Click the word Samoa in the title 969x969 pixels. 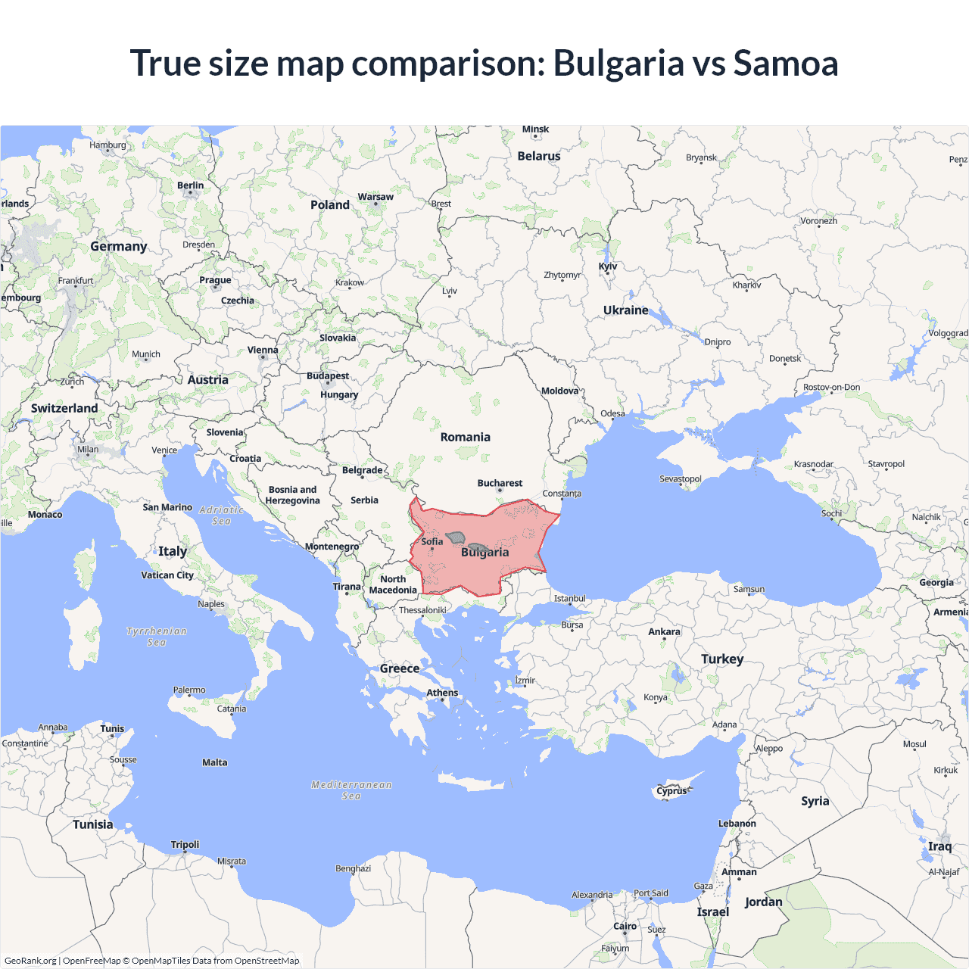pyautogui.click(x=785, y=63)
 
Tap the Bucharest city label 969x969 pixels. pyautogui.click(x=500, y=483)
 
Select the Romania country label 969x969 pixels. pyautogui.click(x=465, y=437)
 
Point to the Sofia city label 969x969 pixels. pyautogui.click(x=432, y=541)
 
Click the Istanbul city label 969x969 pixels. pyautogui.click(x=569, y=598)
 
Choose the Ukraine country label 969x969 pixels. pyautogui.click(x=625, y=310)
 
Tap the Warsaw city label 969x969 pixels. pyautogui.click(x=375, y=197)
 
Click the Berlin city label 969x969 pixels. pyautogui.click(x=190, y=185)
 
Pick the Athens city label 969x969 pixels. pyautogui.click(x=442, y=693)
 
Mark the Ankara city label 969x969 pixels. pyautogui.click(x=664, y=631)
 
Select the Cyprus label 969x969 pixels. pyautogui.click(x=671, y=790)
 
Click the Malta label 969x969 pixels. pyautogui.click(x=214, y=762)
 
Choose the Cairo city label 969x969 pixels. pyautogui.click(x=625, y=926)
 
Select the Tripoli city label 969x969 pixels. pyautogui.click(x=185, y=844)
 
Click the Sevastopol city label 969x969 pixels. pyautogui.click(x=680, y=478)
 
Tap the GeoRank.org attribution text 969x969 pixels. pyautogui.click(x=30, y=961)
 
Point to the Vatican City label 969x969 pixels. pyautogui.click(x=167, y=575)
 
